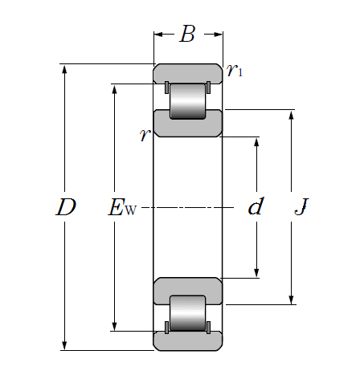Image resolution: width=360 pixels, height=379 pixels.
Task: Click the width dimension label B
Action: point(187,34)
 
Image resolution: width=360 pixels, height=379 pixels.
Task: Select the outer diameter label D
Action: point(66,207)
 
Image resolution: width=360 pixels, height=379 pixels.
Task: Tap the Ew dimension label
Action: point(122,207)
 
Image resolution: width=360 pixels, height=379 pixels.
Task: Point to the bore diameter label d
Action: point(256,206)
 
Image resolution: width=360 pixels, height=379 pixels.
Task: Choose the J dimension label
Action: point(301,206)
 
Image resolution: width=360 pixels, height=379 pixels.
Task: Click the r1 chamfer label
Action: point(235,71)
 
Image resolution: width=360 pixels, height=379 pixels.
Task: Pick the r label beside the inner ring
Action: point(145,134)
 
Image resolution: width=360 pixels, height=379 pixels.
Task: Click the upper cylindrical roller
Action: point(187,101)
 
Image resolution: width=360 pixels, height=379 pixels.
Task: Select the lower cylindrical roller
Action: point(187,313)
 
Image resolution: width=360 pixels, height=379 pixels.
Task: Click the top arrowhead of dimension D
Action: point(64,68)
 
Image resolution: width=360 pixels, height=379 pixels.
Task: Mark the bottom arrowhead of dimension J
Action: point(292,300)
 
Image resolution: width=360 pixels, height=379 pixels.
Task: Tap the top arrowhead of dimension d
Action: point(256,142)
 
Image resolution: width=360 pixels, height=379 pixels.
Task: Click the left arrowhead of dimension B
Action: point(158,35)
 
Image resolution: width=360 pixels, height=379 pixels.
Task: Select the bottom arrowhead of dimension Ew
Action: point(114,326)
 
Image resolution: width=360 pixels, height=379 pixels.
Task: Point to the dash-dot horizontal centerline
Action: point(187,207)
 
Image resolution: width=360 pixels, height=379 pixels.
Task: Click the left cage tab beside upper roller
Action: point(166,88)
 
